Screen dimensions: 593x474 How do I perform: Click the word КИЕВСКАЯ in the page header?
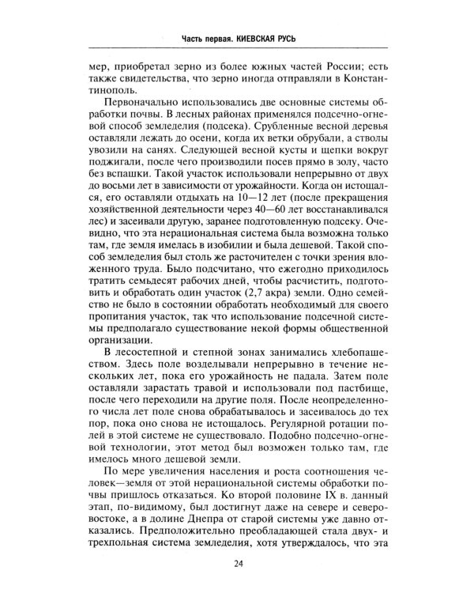click(256, 37)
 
